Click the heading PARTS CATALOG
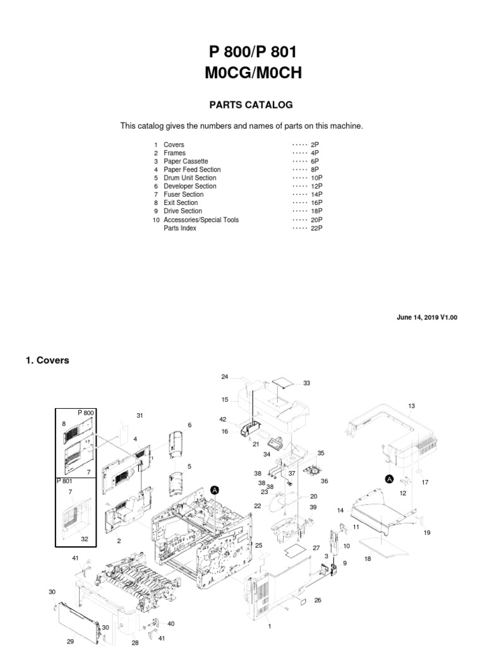[x=242, y=105]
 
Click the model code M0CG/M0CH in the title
[x=253, y=74]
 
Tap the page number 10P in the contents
[x=316, y=178]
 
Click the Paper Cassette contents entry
[x=186, y=161]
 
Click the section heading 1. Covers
[x=47, y=360]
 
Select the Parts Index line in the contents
[x=180, y=228]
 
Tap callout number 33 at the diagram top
[x=307, y=383]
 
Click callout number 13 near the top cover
[x=411, y=406]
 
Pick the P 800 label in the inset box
[x=86, y=413]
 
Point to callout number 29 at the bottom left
[x=70, y=642]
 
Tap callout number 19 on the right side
[x=427, y=532]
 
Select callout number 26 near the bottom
[x=318, y=600]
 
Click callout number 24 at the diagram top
[x=224, y=377]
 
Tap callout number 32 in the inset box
[x=84, y=538]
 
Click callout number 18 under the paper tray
[x=368, y=559]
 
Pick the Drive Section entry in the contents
[x=183, y=211]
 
